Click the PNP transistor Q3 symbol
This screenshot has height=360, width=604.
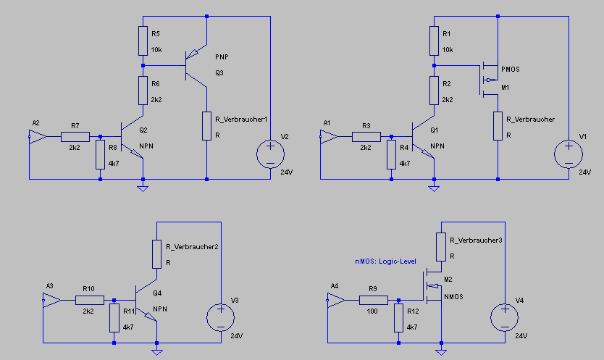(x=196, y=65)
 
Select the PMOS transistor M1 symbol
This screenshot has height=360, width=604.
(x=489, y=80)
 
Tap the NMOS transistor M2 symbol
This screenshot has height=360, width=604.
(x=432, y=286)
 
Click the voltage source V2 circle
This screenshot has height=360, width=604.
(x=270, y=154)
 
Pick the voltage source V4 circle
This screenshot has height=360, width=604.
(x=505, y=317)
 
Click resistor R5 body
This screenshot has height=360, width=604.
(x=143, y=41)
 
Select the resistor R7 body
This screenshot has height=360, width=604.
(x=75, y=136)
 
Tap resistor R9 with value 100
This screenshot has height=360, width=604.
(x=374, y=300)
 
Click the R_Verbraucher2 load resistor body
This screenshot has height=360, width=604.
(x=156, y=254)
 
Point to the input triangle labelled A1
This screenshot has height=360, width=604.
(x=329, y=136)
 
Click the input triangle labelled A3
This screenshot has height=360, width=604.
(x=51, y=300)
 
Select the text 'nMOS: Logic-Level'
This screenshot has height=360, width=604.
(x=385, y=261)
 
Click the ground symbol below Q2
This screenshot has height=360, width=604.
(x=143, y=188)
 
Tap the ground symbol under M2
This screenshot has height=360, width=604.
(x=442, y=351)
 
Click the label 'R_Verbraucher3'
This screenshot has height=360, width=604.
(x=476, y=240)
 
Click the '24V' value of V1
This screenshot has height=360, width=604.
(x=584, y=172)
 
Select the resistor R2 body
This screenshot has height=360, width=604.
(x=434, y=91)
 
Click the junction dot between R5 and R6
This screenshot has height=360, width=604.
(x=143, y=65)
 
